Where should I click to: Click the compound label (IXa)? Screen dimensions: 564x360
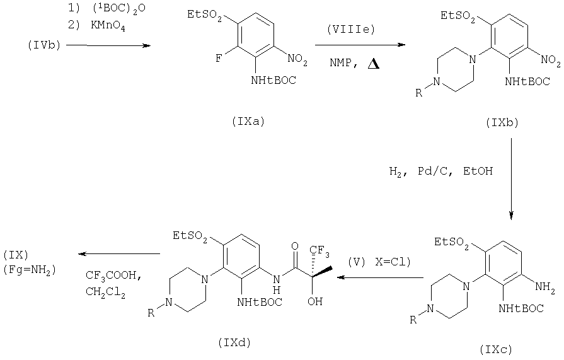coord(248,122)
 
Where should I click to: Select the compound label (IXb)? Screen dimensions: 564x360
coord(502,123)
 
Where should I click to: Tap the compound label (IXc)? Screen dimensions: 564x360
coord(496,349)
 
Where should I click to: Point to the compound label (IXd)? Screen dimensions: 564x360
coord(234,342)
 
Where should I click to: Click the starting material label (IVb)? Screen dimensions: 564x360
coord(44,45)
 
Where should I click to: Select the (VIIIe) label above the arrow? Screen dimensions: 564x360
coord(351,29)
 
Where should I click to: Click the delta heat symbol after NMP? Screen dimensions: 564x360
coord(373,64)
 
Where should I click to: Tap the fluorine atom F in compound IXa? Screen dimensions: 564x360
coord(218,59)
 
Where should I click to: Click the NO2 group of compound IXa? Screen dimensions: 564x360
coord(297,59)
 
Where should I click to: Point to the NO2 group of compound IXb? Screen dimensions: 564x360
coord(551,60)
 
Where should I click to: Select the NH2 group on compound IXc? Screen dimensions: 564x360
coord(545,287)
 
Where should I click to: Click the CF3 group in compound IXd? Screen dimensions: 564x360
coord(319,250)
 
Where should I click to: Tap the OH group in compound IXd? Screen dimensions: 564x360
coord(314,301)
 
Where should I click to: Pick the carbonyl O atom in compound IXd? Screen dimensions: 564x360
coord(295,247)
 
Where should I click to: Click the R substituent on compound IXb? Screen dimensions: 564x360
coord(418,93)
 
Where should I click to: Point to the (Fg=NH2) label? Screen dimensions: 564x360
coord(30,270)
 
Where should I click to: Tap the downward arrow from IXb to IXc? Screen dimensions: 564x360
coord(511,178)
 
